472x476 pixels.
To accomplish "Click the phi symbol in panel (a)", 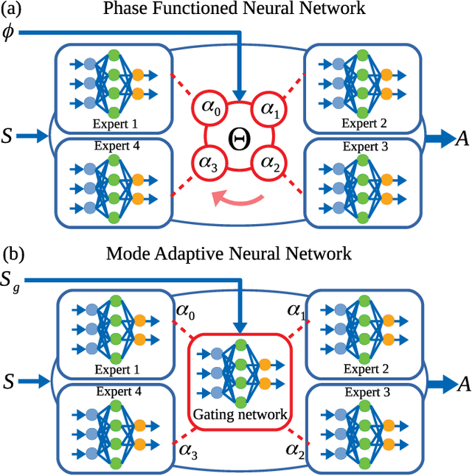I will [9, 34].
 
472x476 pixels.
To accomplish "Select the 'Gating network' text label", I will [240, 414].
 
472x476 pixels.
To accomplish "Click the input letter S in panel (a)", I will [8, 136].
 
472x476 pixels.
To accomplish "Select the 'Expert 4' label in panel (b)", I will [114, 393].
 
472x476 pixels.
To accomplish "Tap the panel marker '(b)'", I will [15, 254].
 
